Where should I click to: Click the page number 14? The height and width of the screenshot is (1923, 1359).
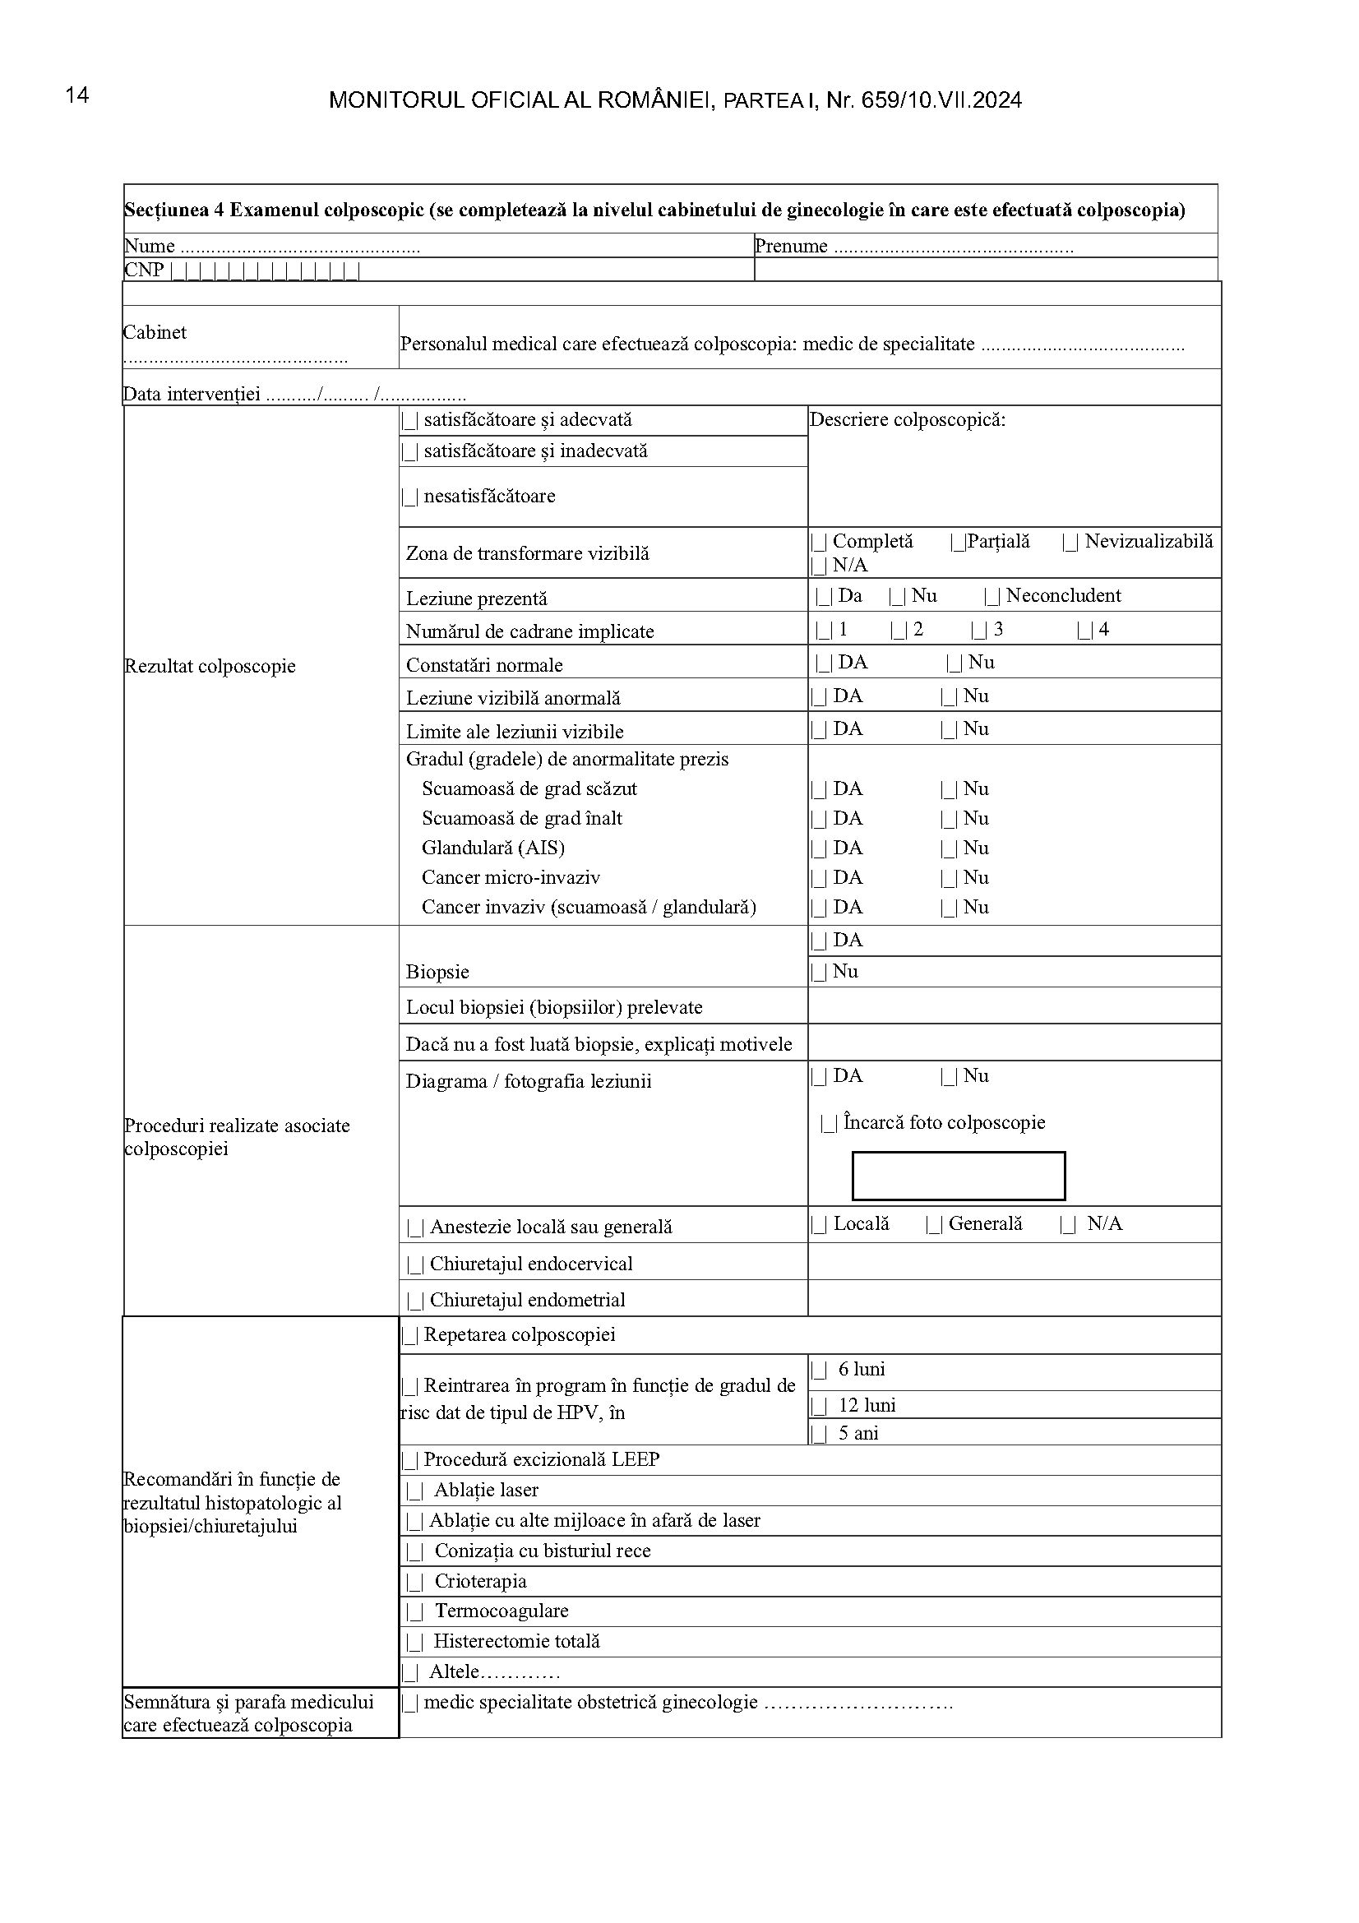tap(77, 95)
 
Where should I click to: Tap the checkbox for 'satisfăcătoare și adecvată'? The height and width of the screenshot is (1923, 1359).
tap(410, 420)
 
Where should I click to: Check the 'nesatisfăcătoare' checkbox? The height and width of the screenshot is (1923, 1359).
tap(410, 497)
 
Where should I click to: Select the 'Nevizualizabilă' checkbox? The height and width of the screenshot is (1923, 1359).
tap(1070, 543)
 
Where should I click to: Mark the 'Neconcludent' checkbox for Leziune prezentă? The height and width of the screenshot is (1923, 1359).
tap(992, 597)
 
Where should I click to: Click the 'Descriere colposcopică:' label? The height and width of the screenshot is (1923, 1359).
tap(907, 420)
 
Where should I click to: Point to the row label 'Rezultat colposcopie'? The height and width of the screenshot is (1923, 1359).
tap(210, 667)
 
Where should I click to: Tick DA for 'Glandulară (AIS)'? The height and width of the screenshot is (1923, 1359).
tap(819, 849)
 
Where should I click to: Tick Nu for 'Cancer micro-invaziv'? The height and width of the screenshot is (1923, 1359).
tap(949, 879)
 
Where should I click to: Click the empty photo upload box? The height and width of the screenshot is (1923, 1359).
tap(958, 1176)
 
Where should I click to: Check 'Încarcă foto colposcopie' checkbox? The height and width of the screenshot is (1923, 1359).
tap(830, 1124)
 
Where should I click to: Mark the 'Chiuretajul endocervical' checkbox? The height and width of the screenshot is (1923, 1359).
tap(415, 1264)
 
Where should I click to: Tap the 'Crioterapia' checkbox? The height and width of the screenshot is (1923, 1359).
tap(415, 1582)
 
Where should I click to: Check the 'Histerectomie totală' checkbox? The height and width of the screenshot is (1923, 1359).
tap(415, 1643)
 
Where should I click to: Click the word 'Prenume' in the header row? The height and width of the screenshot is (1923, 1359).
tap(790, 247)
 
